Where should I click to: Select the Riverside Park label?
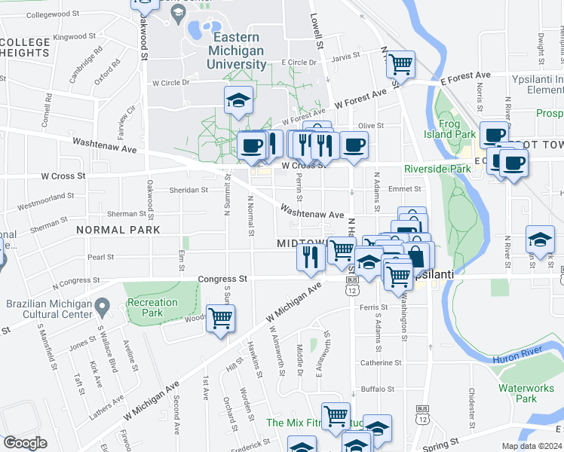pos(437,169)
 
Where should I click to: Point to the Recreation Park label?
pos(152,307)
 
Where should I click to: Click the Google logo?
pos(25,443)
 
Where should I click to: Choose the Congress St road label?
pos(222,279)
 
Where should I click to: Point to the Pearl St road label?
pos(101,257)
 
